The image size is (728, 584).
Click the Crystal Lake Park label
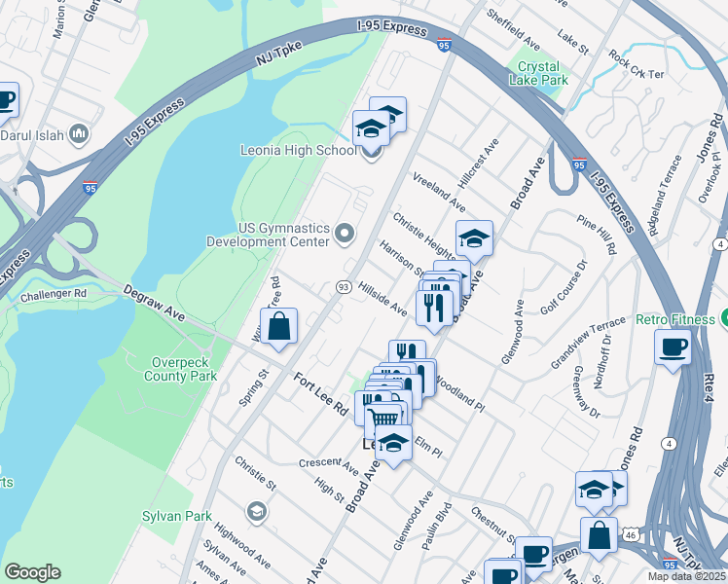[x=543, y=74]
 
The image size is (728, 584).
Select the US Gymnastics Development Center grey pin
[x=344, y=233]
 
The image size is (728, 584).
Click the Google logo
[x=32, y=572]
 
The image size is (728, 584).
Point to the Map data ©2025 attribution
[x=686, y=576]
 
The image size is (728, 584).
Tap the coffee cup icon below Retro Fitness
[x=673, y=347]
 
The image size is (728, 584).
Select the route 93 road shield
[x=343, y=286]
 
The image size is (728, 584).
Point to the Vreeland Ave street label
[x=439, y=195]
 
